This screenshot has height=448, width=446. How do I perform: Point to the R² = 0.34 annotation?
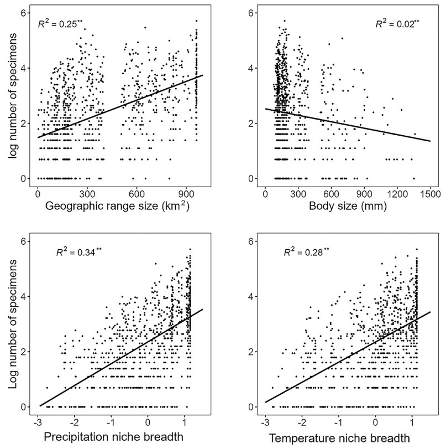coord(79,253)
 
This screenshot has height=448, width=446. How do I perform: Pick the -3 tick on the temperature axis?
coord(266,424)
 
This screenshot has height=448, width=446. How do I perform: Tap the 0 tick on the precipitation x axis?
coord(148,424)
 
